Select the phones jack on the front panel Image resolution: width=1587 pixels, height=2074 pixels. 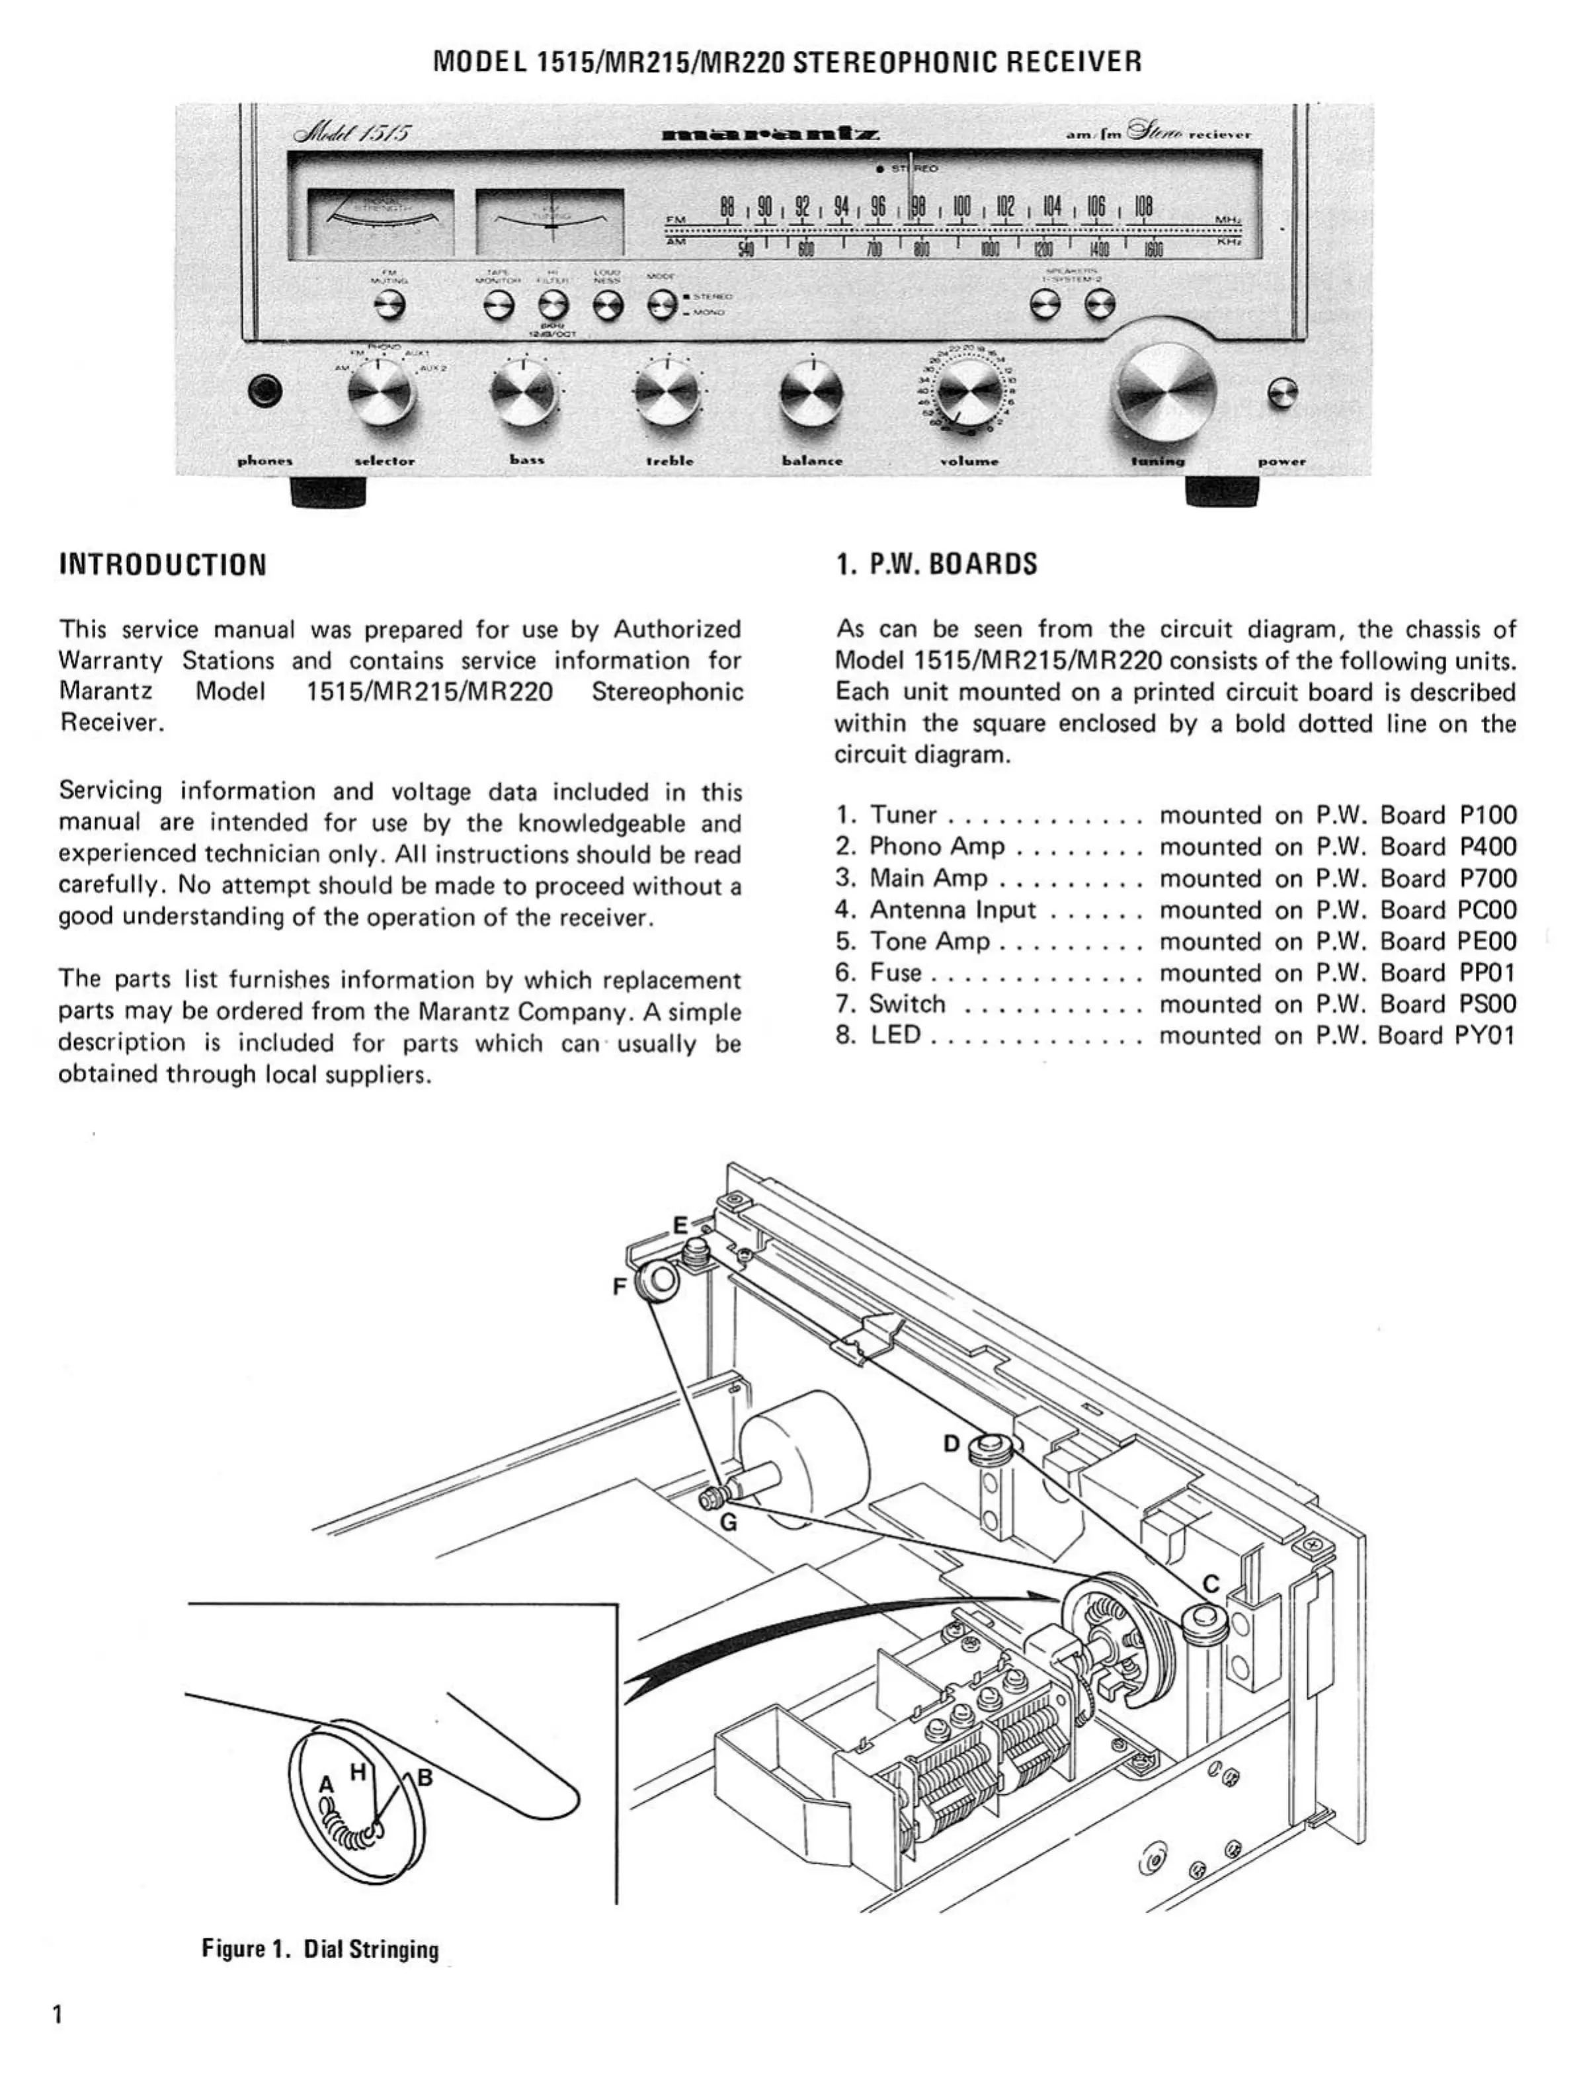pos(264,391)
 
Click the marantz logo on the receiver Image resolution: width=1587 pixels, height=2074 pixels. pos(773,134)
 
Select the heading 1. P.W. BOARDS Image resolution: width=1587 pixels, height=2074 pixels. pos(936,564)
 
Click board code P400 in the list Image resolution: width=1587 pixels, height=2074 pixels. pos(1488,847)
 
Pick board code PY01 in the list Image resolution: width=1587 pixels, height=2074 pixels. pos(1485,1036)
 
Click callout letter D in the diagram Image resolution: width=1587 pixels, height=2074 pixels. pos(952,1444)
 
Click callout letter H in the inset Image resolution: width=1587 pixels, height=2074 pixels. pos(357,1774)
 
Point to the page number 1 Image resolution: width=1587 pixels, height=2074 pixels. pos(59,2014)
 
